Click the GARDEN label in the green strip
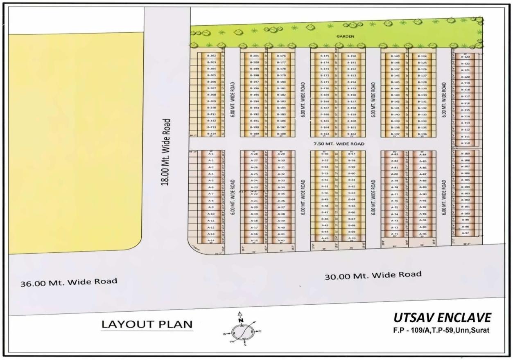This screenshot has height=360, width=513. click(345, 36)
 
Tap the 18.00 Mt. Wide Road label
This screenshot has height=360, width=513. click(166, 152)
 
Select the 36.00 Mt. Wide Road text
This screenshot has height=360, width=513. click(69, 282)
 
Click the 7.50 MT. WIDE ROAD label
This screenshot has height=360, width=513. click(339, 144)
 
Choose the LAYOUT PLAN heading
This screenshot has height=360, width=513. click(147, 325)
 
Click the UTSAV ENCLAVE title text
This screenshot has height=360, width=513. click(442, 317)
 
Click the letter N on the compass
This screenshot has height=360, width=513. click(241, 320)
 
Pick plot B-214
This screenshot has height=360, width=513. click(212, 134)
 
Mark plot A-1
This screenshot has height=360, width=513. click(211, 154)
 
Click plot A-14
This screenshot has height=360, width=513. click(211, 240)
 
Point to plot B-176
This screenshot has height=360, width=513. click(281, 56)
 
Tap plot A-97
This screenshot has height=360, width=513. click(465, 233)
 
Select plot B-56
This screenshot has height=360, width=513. click(325, 154)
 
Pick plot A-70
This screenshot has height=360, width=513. click(352, 238)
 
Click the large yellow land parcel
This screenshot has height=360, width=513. click(76, 139)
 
